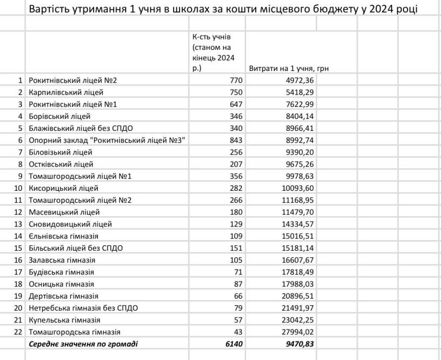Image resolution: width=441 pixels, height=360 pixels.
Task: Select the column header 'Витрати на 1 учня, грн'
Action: pyautogui.click(x=289, y=69)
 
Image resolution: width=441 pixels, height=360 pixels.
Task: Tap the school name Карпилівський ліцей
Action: pyautogui.click(x=66, y=93)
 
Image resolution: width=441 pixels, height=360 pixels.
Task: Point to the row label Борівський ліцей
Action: pyautogui.click(x=60, y=116)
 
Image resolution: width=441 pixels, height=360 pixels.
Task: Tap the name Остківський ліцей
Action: pyautogui.click(x=61, y=164)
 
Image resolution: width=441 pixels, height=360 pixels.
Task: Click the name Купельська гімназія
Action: pyautogui.click(x=64, y=319)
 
